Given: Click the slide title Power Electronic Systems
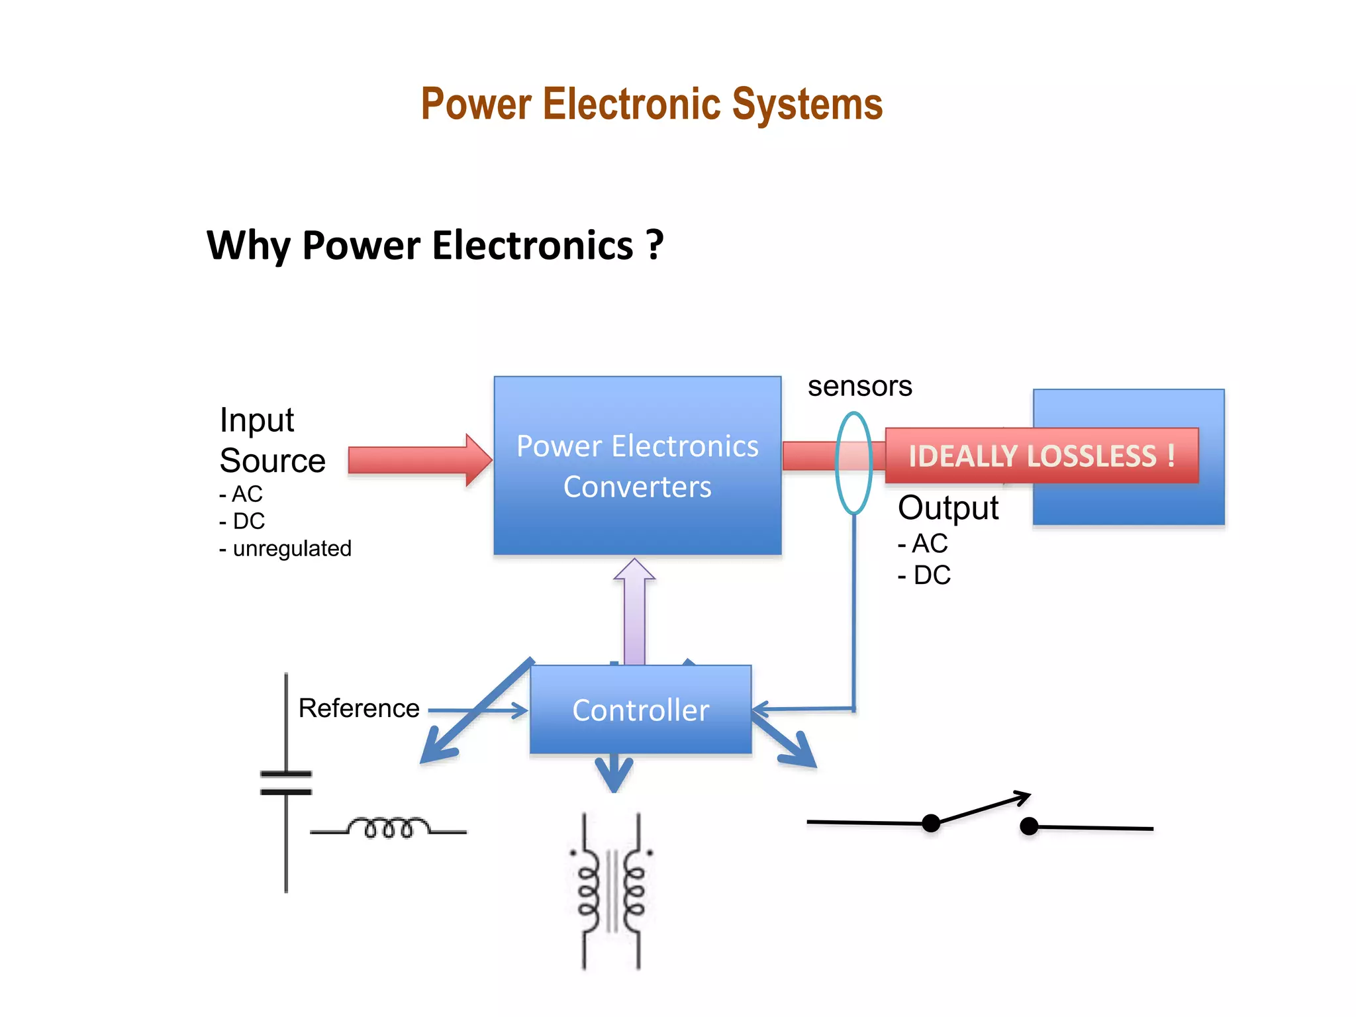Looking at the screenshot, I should point(652,105).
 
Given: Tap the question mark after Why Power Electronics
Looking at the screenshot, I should point(654,244).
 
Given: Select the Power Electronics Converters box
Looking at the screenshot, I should point(637,465).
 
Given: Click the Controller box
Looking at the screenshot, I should point(640,710).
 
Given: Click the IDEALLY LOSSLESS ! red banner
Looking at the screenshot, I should point(1041,456).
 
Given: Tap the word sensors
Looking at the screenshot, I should point(859,386).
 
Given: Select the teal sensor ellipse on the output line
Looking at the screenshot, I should point(853,463).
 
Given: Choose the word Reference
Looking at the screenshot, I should point(359,708).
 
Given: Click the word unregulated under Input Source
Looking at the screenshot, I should point(292,549).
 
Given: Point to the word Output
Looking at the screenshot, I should point(947,508).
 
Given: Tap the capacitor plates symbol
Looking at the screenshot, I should point(286,783).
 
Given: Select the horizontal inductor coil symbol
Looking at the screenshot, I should point(389,828).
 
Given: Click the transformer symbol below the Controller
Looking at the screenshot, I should point(611,891).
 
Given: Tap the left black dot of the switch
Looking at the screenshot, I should point(931,823).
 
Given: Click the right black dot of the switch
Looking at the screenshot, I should point(1029,826).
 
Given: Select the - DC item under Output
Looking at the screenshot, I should point(924,575).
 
